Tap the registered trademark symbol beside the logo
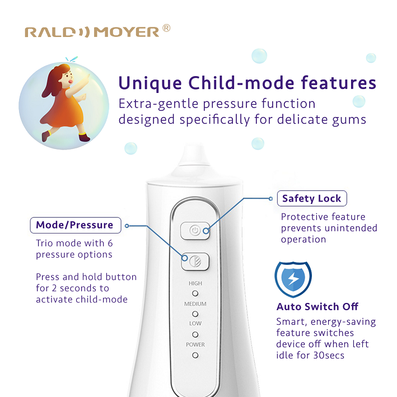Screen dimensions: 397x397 tap(166, 28)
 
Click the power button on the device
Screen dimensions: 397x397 tap(195, 231)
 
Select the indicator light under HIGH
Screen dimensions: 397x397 tap(195, 293)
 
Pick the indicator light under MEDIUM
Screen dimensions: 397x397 tap(195, 314)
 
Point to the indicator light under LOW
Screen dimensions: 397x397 tap(195, 335)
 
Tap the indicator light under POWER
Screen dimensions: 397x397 tap(195, 355)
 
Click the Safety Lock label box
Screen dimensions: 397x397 tap(312, 198)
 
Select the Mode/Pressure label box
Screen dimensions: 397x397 tap(76, 225)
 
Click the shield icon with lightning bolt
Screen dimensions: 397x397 tap(293, 279)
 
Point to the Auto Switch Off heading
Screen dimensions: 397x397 tap(317, 307)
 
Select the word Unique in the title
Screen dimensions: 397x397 tap(150, 83)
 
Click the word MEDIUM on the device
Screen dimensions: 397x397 tap(195, 304)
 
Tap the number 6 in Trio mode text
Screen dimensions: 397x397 tap(110, 244)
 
